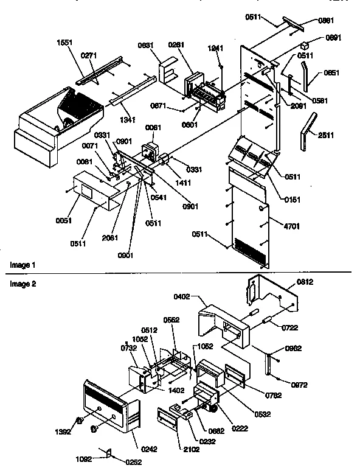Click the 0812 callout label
pos(306,282)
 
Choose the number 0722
pos(289,328)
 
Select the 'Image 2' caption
pos(22,284)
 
